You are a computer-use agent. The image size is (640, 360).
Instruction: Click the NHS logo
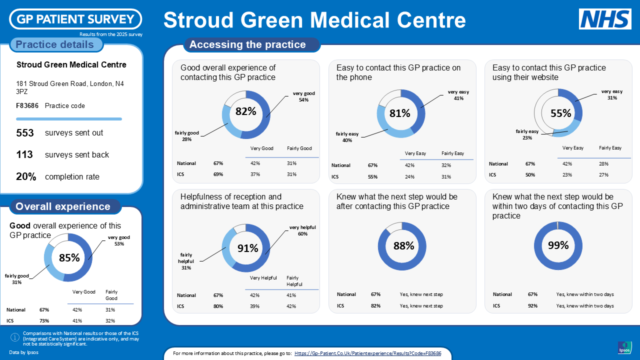point(605,19)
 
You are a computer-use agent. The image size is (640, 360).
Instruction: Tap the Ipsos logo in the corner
point(624,348)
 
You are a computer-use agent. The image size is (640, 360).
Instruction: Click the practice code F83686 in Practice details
point(27,106)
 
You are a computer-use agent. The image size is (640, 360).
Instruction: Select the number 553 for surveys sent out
point(25,133)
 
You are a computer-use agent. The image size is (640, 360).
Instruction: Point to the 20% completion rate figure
point(26,177)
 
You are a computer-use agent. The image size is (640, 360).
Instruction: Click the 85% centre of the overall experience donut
point(69,258)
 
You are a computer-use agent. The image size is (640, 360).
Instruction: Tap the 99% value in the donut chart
point(558,245)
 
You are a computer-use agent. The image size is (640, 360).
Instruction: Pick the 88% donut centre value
point(403,246)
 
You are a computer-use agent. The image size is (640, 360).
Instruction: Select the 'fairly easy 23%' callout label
point(527,134)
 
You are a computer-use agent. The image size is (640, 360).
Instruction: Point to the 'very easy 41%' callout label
point(458,95)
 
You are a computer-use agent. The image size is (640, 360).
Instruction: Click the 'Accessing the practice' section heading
point(247,44)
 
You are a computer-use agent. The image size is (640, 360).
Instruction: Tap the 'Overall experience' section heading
point(63,206)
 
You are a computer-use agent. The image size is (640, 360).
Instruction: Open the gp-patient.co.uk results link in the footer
point(367,353)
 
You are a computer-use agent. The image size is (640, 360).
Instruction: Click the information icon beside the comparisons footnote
point(15,338)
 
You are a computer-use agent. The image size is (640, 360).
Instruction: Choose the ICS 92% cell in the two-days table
point(532,305)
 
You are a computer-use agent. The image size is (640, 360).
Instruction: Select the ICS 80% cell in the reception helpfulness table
point(218,306)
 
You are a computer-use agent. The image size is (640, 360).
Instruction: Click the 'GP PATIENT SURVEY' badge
point(75,19)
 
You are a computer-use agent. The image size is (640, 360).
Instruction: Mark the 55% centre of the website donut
point(560,113)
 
